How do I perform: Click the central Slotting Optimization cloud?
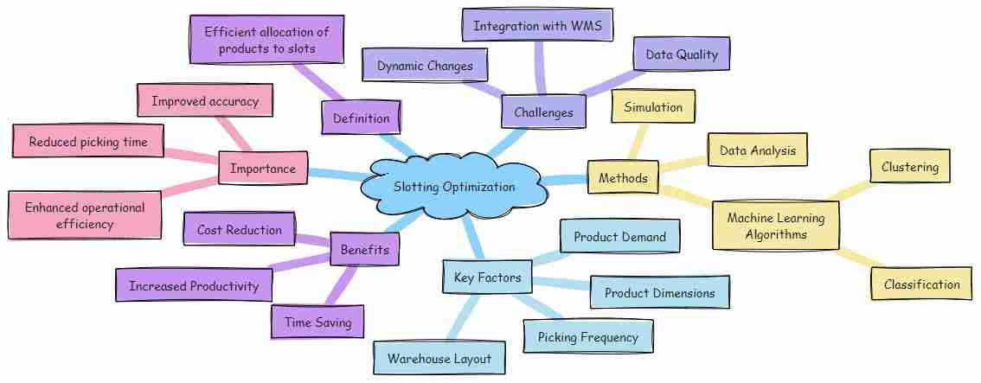[454, 186]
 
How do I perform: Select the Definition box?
[361, 118]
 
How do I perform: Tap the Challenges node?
[543, 112]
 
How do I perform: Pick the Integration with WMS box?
[537, 26]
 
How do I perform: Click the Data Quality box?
[682, 54]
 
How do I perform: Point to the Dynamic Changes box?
[425, 66]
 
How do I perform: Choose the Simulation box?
[653, 107]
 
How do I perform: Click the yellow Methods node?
[623, 178]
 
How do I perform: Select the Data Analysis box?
[758, 150]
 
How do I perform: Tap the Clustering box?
[910, 167]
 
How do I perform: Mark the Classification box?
[921, 284]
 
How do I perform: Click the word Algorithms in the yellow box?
[775, 234]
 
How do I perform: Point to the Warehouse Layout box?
[439, 359]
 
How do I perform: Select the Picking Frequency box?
[588, 337]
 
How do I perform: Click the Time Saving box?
[317, 322]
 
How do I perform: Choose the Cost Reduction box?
[239, 229]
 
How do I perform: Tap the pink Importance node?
[263, 169]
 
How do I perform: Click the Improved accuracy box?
[205, 100]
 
